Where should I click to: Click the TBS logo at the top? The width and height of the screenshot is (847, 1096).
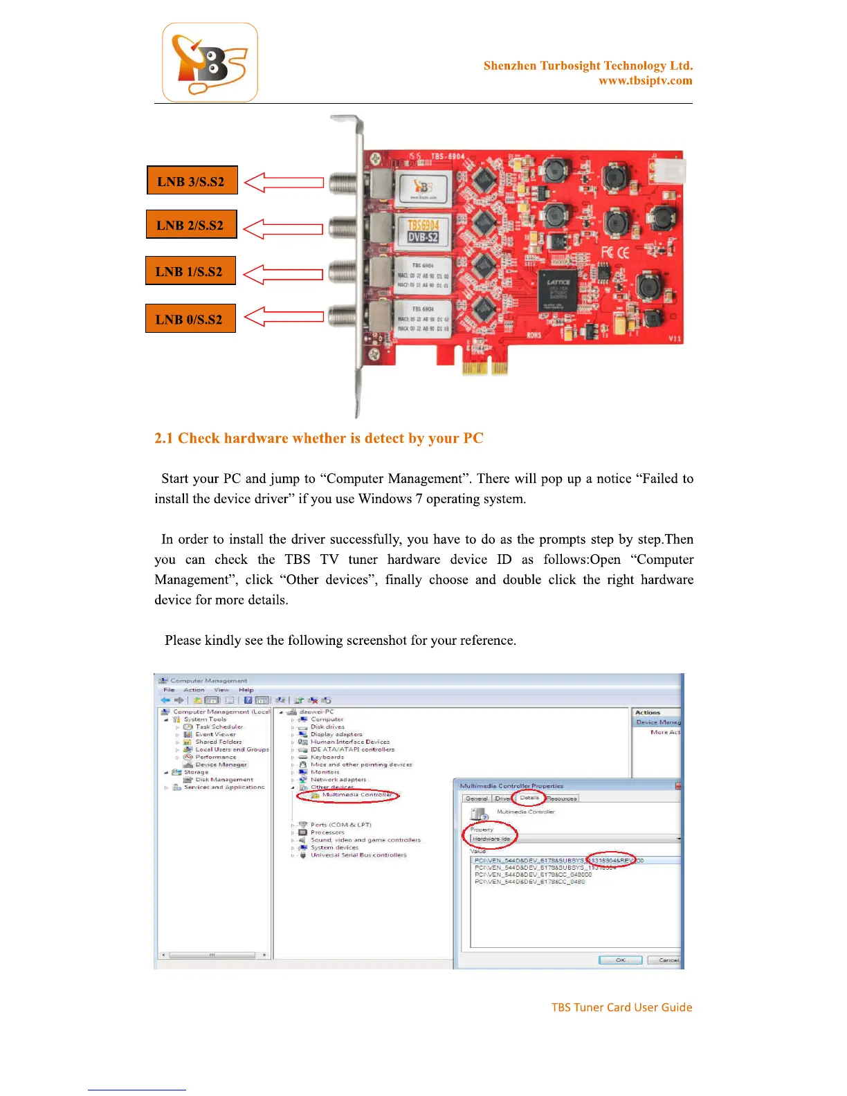click(x=210, y=62)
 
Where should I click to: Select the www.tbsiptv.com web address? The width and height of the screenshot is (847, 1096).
click(x=645, y=81)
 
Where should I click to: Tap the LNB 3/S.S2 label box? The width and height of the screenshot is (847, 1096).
click(x=192, y=181)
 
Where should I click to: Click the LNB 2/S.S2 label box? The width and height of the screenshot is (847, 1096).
click(x=191, y=225)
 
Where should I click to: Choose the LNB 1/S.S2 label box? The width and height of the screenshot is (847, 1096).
click(x=190, y=271)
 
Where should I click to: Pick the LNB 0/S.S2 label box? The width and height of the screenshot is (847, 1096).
click(x=190, y=318)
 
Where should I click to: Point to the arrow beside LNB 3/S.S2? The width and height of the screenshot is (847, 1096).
click(x=284, y=183)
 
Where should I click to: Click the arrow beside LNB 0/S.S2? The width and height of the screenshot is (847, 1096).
click(x=284, y=317)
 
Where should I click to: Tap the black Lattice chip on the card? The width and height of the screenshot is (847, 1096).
click(x=558, y=290)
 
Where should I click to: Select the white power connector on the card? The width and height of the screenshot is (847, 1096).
click(x=671, y=168)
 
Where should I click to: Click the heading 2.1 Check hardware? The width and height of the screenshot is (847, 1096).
click(x=318, y=438)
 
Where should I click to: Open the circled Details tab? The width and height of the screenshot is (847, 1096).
click(x=529, y=798)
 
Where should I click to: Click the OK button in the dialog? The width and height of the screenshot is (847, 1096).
click(x=620, y=960)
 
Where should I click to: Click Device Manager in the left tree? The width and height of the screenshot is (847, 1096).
click(x=221, y=765)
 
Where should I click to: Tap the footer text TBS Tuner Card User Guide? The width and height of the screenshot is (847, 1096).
click(x=621, y=1007)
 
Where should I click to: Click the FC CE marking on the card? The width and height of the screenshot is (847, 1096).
click(x=614, y=253)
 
